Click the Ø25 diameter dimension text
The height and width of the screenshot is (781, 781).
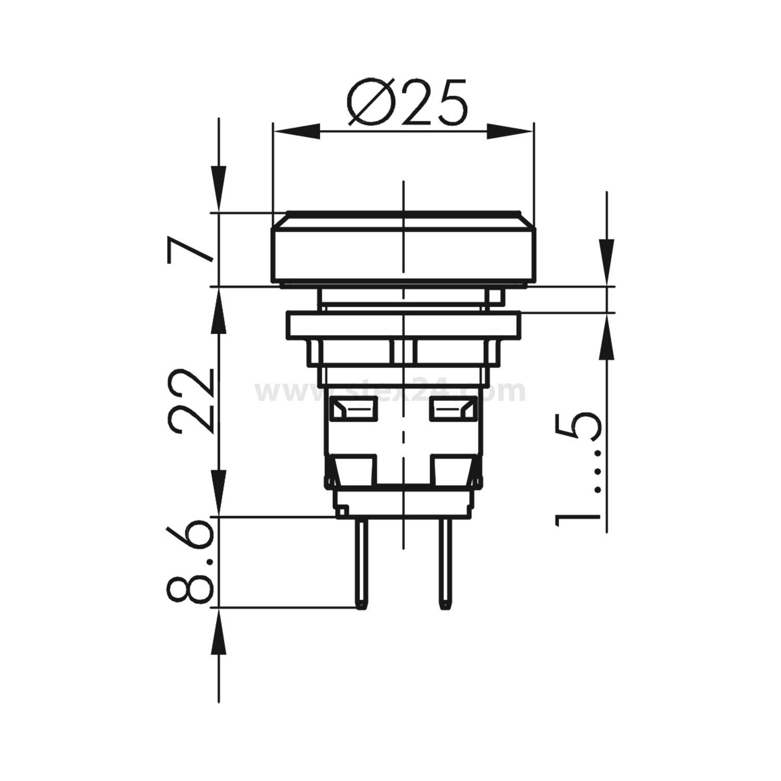coord(408,103)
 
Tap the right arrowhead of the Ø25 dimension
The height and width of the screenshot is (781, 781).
coord(510,131)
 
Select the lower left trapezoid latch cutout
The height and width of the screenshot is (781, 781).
coord(354,469)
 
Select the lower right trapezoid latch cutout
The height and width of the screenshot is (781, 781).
coord(452,469)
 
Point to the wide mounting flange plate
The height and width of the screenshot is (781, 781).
coord(403,325)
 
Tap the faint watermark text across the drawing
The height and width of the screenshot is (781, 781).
coord(391,392)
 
